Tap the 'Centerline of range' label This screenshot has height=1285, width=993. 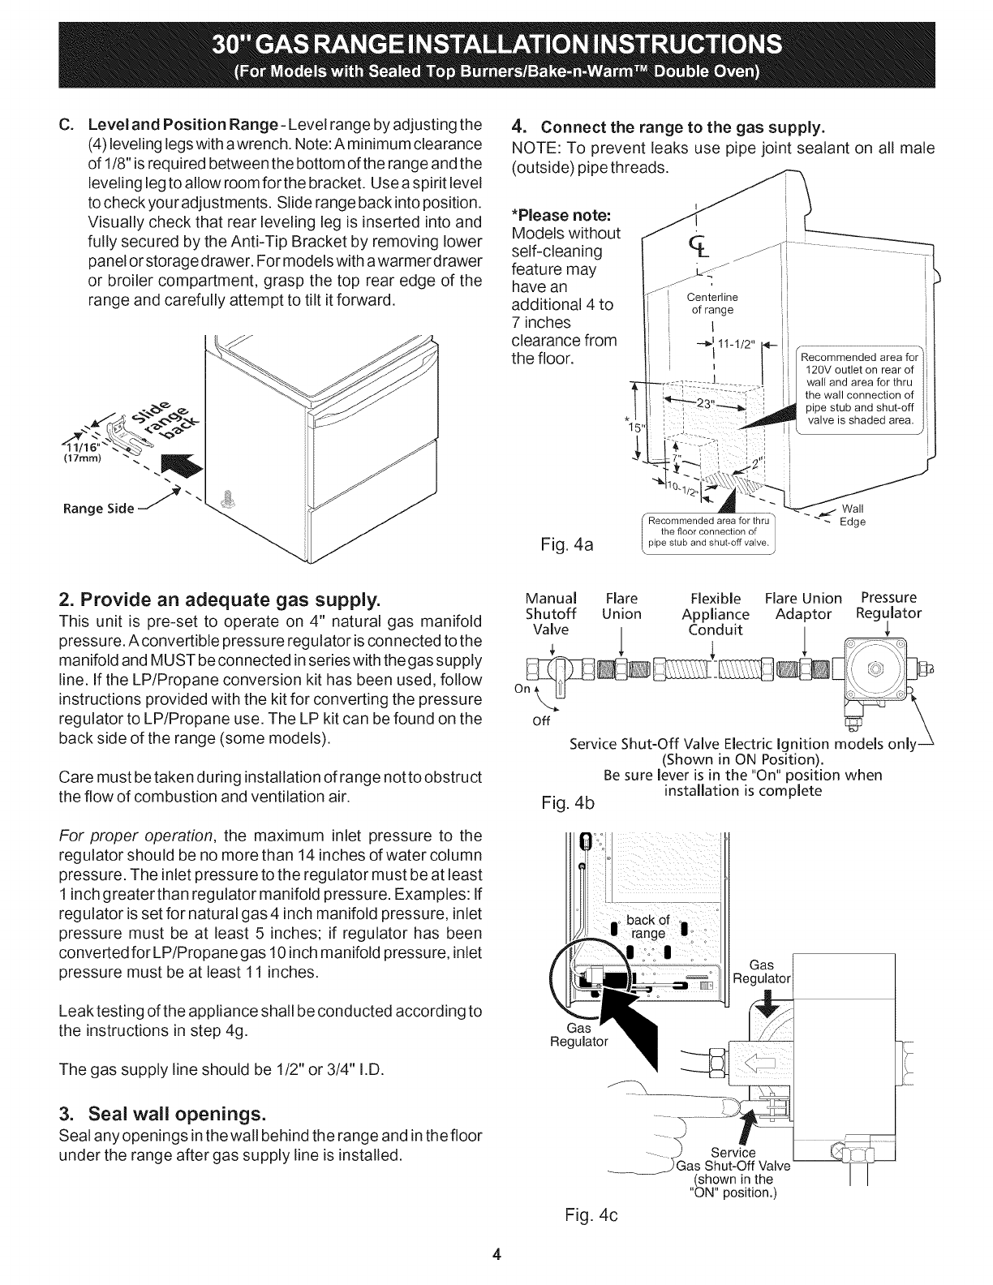point(711,303)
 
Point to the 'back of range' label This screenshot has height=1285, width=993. point(648,926)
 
